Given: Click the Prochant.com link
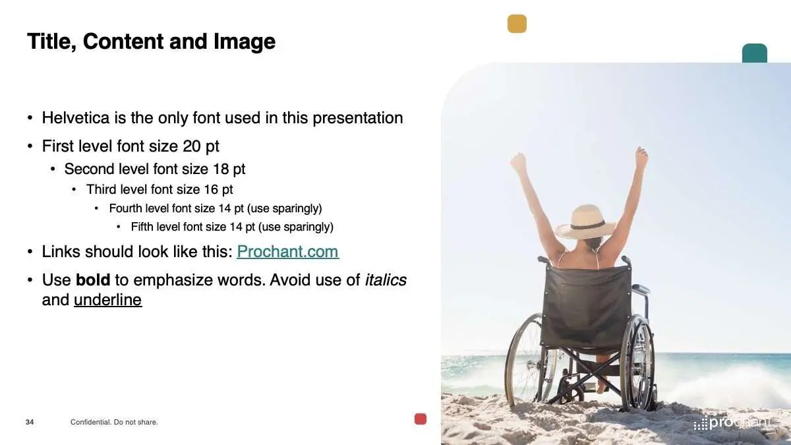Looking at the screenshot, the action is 288,251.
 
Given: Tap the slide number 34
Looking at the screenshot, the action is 30,422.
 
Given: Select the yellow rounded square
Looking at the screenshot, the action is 517,24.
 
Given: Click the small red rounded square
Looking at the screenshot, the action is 421,419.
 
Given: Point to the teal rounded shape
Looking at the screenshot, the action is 755,53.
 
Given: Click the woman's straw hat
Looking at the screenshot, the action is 585,222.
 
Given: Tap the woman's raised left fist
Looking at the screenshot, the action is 518,162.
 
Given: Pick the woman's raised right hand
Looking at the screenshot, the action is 641,157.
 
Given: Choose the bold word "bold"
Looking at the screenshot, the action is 93,280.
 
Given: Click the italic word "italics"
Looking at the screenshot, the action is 386,280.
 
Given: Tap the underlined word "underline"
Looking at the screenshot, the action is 107,300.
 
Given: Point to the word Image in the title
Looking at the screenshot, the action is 245,42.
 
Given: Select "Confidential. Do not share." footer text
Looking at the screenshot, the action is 114,422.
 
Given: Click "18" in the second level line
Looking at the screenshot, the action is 221,169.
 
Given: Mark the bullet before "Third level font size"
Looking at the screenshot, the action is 74,190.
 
